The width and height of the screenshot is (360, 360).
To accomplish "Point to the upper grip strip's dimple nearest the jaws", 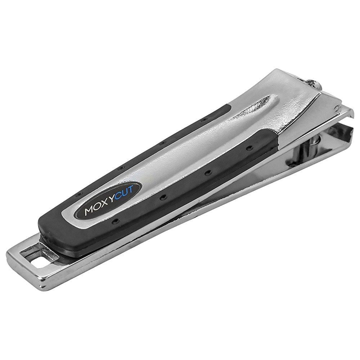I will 205,118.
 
